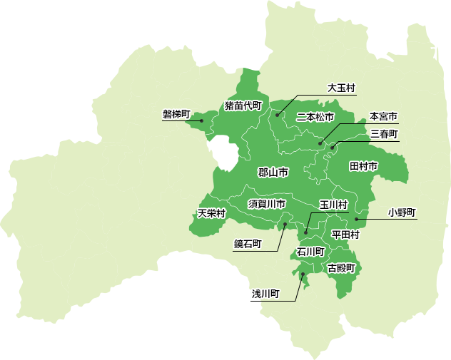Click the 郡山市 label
pyautogui.click(x=273, y=173)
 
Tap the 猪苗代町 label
pyautogui.click(x=243, y=106)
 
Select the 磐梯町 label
pyautogui.click(x=177, y=114)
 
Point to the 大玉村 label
pyautogui.click(x=341, y=88)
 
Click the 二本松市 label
pyautogui.click(x=315, y=116)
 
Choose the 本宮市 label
pyautogui.click(x=384, y=116)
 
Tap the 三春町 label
pyautogui.click(x=384, y=133)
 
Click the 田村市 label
pyautogui.click(x=363, y=166)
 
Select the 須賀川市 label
pyautogui.click(x=267, y=204)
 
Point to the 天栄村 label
pyautogui.click(x=212, y=213)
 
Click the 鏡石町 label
pyautogui.click(x=248, y=244)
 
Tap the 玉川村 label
pyautogui.click(x=333, y=205)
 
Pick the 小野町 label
pyautogui.click(x=402, y=212)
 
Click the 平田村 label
pyautogui.click(x=345, y=234)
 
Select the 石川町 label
pyautogui.click(x=310, y=252)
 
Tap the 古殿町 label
pyautogui.click(x=341, y=268)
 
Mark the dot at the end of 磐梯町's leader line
pyautogui.click(x=202, y=120)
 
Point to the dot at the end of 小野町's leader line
pyautogui.click(x=356, y=219)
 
